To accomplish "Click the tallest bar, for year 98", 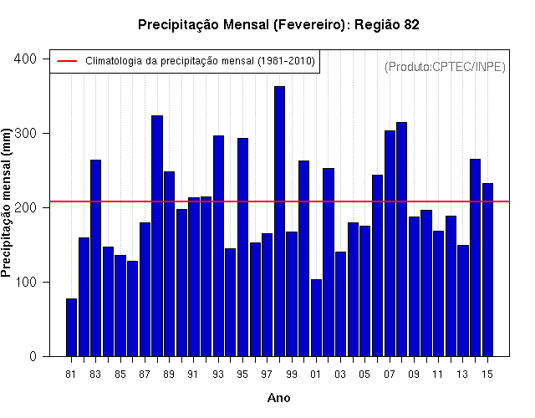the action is (x=279, y=221).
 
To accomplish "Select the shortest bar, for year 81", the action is (x=71, y=328).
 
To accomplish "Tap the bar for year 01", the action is (x=316, y=318).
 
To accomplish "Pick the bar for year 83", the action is (x=96, y=258).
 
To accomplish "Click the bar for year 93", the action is (x=218, y=246).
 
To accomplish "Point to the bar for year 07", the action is (x=390, y=243).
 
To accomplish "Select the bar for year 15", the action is (x=488, y=270).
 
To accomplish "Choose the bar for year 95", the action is (x=243, y=247).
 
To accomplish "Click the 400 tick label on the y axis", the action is (x=25, y=59).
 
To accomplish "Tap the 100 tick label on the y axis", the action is (x=25, y=283).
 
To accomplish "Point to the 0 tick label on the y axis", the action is (x=33, y=357).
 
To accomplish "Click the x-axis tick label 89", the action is (x=169, y=375).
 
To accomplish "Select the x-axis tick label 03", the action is (x=340, y=375).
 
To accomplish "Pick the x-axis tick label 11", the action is (x=438, y=375).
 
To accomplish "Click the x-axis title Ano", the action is (x=278, y=398).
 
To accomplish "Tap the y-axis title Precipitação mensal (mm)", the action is (x=6, y=202).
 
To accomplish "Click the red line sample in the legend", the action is (x=67, y=61).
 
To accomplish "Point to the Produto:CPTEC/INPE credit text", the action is (x=445, y=67).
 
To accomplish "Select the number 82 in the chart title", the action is (x=411, y=25).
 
